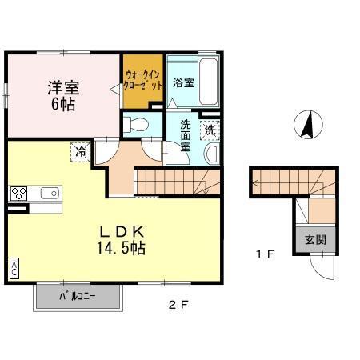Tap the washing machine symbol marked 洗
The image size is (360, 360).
[210, 129]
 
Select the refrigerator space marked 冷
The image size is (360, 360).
[81, 150]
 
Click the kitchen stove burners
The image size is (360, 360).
[19, 193]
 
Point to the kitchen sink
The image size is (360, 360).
[49, 193]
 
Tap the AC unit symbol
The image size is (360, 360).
[14, 269]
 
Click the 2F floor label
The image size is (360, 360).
[178, 303]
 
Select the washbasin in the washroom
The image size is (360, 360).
[212, 154]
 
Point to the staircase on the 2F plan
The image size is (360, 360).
[176, 182]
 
